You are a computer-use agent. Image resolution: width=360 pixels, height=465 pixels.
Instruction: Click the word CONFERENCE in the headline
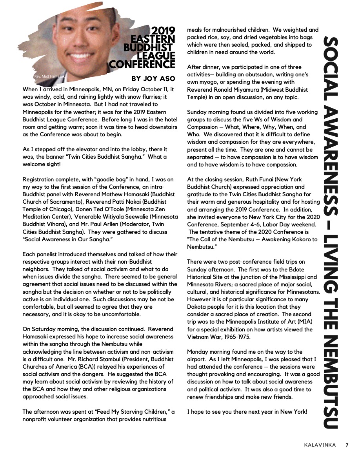click(142, 64)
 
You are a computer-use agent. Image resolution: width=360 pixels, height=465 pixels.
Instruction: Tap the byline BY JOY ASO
click(153, 79)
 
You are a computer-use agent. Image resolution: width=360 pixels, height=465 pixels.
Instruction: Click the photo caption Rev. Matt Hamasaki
click(47, 76)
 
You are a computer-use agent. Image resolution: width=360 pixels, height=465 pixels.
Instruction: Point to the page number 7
click(347, 445)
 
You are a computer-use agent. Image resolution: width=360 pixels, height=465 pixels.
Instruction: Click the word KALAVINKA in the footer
click(320, 445)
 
